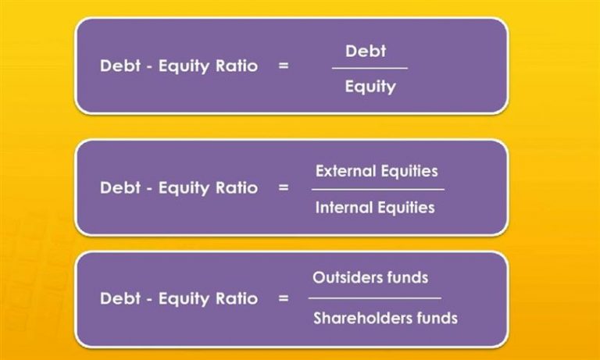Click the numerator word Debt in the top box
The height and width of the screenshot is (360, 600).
[x=366, y=51]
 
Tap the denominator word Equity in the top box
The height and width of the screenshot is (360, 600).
[x=370, y=87]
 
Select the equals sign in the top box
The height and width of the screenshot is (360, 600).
[x=283, y=66]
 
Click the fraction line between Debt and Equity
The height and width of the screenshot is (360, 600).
[x=370, y=69]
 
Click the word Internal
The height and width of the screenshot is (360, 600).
[x=344, y=208]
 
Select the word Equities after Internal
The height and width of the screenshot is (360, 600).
[x=406, y=209]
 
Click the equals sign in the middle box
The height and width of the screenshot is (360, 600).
[x=283, y=188]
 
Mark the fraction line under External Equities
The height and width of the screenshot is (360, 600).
[x=378, y=190]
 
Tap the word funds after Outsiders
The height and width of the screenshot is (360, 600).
[x=408, y=277]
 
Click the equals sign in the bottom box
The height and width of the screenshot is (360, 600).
[x=283, y=298]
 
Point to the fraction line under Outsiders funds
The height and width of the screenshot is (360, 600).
[x=375, y=298]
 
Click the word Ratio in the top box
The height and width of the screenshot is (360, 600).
[x=237, y=66]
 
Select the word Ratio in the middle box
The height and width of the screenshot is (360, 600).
[x=237, y=187]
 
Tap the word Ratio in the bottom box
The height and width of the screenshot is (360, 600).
[x=237, y=298]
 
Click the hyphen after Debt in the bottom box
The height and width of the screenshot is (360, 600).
[x=150, y=300]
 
